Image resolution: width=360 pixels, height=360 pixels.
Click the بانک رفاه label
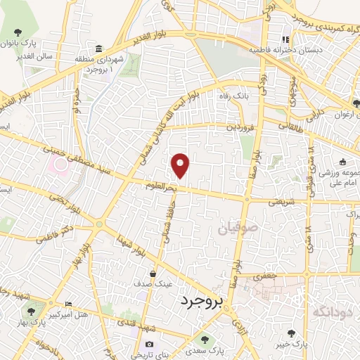[x=237, y=96]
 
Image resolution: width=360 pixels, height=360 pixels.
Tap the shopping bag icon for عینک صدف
[x=152, y=274]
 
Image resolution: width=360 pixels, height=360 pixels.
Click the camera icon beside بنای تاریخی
[x=149, y=344]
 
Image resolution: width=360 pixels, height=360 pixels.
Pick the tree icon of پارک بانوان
[x=18, y=33]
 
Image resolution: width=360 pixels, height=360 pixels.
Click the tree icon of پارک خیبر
[x=292, y=333]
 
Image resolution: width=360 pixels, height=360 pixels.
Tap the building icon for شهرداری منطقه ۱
[x=98, y=49]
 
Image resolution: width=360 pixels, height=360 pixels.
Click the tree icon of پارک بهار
[x=30, y=309]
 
